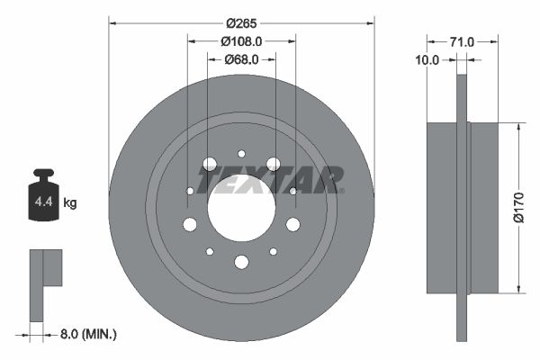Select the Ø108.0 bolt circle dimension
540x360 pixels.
pyautogui.click(x=240, y=40)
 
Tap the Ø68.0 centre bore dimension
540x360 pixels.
pyautogui.click(x=240, y=59)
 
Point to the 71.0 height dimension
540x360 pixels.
pyautogui.click(x=462, y=40)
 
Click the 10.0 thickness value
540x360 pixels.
pyautogui.click(x=427, y=60)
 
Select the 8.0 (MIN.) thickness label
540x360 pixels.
pyautogui.click(x=86, y=333)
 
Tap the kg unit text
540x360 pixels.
pyautogui.click(x=70, y=203)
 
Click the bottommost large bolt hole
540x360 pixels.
pyautogui.click(x=241, y=262)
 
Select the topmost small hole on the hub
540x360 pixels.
pyautogui.click(x=241, y=154)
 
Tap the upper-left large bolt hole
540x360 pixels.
pyautogui.click(x=210, y=164)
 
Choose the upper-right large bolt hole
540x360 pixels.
pyautogui.click(x=273, y=164)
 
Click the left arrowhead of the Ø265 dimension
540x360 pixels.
pyautogui.click(x=112, y=21)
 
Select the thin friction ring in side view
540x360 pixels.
pyautogui.click(x=463, y=208)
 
